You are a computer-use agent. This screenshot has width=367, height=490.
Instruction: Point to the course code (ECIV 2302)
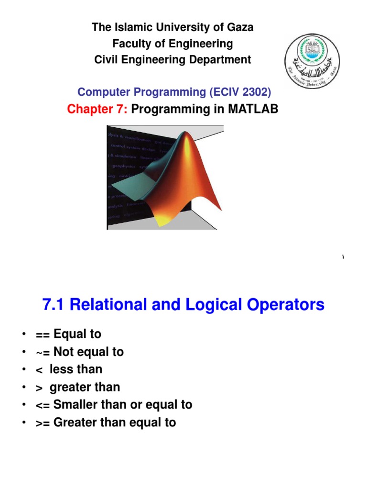point(244,91)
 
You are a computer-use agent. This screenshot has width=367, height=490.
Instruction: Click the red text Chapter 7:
point(97,109)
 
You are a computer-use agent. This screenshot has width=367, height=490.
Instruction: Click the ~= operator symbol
point(43,352)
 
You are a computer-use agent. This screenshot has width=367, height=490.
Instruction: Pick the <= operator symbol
point(43,405)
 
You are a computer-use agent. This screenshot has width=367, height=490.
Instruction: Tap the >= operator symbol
point(43,423)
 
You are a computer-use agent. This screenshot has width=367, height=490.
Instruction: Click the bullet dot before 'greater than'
point(23,388)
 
